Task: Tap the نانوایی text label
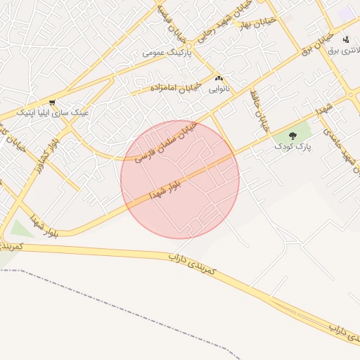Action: tap(219, 89)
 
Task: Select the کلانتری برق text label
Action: tap(345, 50)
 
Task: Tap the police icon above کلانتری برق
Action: tap(345, 39)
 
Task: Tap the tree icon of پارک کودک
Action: tap(293, 135)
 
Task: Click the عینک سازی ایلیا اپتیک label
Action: tap(53, 112)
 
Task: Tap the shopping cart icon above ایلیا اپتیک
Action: tap(53, 102)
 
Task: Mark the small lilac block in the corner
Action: tap(347, 12)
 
